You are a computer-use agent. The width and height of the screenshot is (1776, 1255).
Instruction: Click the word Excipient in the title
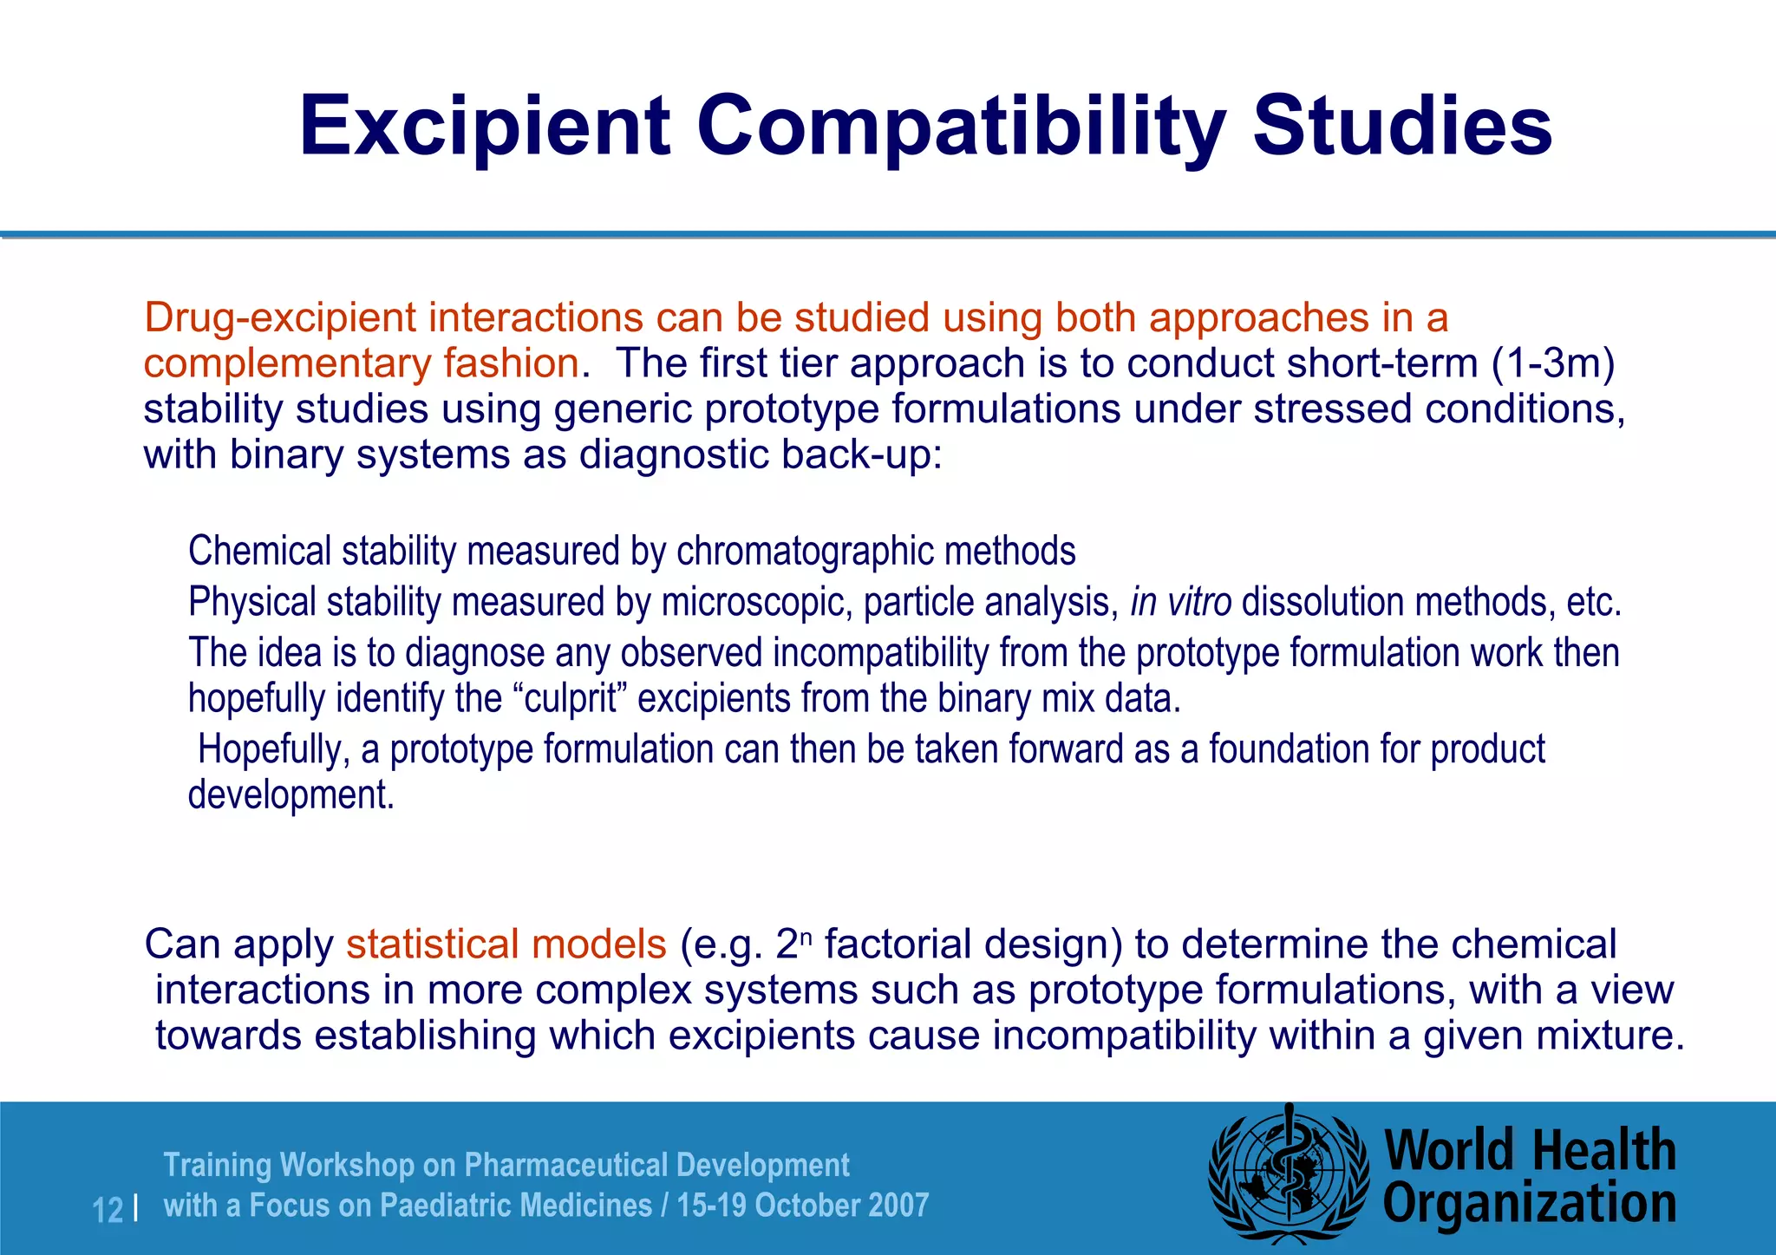click(x=484, y=128)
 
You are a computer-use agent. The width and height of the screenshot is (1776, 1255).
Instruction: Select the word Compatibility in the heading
click(x=961, y=128)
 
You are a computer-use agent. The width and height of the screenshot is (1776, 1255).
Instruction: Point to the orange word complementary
click(x=286, y=364)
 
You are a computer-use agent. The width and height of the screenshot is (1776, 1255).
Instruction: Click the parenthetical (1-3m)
click(x=1553, y=363)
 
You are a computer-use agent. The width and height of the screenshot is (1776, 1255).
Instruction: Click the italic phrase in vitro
click(x=1180, y=602)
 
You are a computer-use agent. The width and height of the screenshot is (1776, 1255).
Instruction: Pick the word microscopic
click(x=753, y=602)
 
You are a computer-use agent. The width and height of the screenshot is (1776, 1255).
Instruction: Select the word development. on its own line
click(x=291, y=795)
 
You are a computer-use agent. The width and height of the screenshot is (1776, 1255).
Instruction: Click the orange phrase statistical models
click(x=506, y=945)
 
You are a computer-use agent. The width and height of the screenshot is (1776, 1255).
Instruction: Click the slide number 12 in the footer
click(x=108, y=1210)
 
